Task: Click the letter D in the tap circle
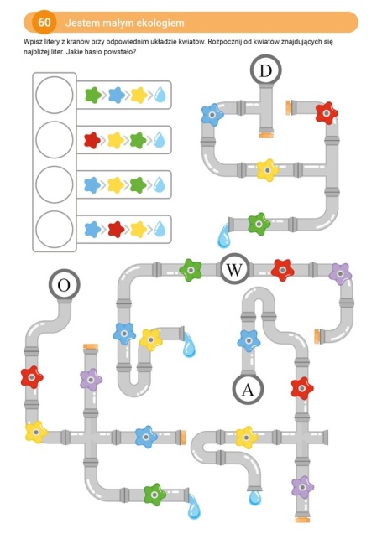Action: (265, 70)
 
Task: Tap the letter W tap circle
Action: (234, 270)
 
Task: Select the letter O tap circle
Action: (64, 285)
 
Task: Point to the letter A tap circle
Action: (248, 390)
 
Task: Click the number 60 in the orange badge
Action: (44, 23)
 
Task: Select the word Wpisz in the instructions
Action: (31, 42)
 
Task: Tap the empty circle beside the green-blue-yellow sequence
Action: (55, 95)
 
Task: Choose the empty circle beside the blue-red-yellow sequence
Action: (55, 229)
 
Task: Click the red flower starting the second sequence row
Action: (92, 140)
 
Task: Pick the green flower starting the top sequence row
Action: (93, 95)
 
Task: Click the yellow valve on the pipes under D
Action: (267, 170)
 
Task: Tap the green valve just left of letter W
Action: (191, 270)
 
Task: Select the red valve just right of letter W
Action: (283, 270)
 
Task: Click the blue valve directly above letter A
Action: (249, 341)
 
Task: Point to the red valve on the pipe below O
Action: (32, 377)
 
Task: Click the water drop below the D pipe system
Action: (223, 236)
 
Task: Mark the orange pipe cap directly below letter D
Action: (266, 135)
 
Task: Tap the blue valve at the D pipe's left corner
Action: (212, 115)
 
